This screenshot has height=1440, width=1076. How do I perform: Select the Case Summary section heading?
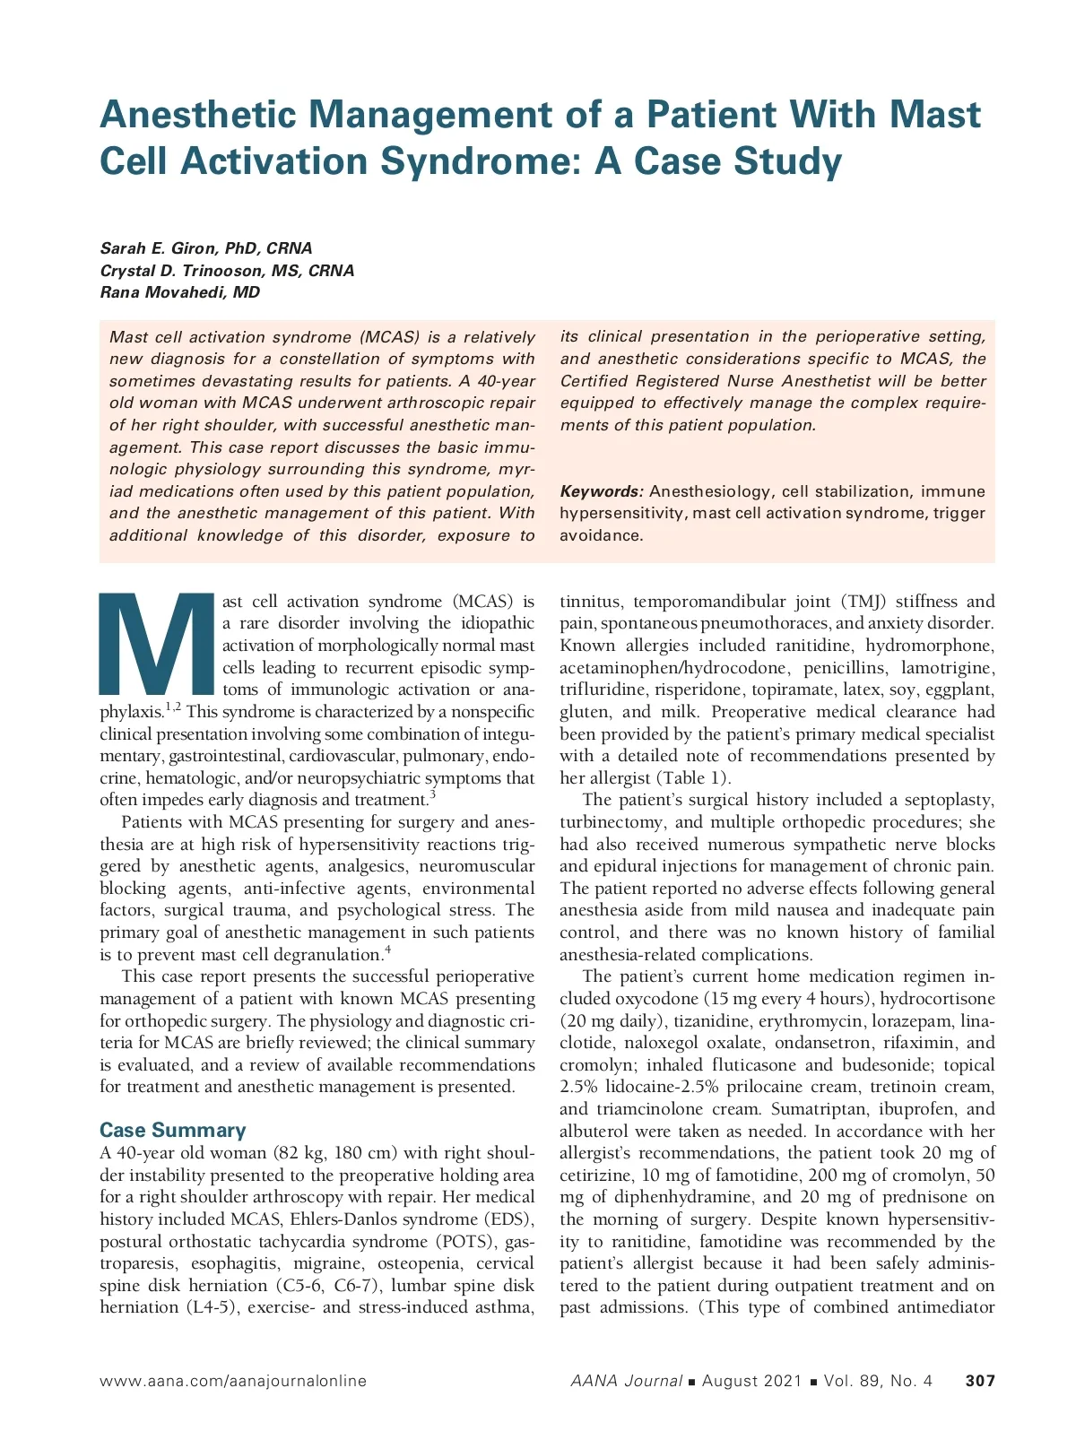point(172,1130)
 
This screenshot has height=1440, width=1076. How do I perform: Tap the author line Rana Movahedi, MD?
point(179,292)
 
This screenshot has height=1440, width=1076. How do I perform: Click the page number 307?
point(980,1381)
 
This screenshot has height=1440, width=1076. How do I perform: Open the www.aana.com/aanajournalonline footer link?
point(233,1381)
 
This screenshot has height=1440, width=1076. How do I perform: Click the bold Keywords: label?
point(602,491)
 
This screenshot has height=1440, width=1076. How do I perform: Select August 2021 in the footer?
point(751,1381)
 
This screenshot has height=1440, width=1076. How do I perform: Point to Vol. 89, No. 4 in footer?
point(878,1381)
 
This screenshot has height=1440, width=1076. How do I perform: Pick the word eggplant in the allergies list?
point(959,690)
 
